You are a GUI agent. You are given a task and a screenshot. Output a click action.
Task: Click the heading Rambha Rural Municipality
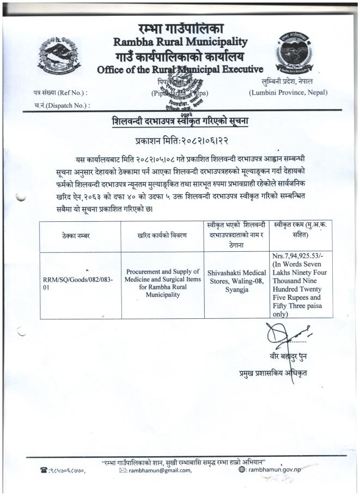click(180, 41)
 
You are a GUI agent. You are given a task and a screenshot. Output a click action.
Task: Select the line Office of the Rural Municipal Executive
click(180, 69)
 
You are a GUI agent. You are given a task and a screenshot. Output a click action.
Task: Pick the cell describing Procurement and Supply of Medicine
click(163, 283)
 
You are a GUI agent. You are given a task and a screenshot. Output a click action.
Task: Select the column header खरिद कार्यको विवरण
click(162, 235)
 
